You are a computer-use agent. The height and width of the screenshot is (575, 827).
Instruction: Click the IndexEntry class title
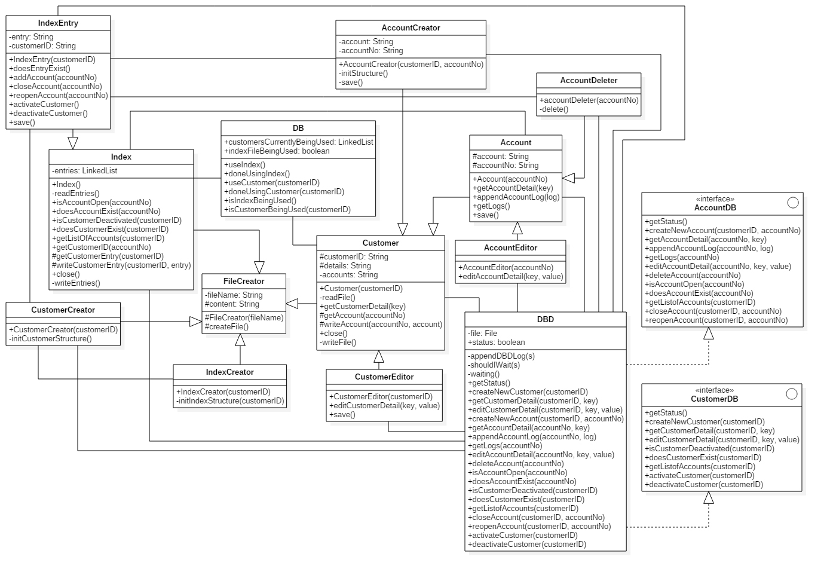pyautogui.click(x=58, y=23)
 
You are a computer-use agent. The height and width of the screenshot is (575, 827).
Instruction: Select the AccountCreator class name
pyautogui.click(x=411, y=28)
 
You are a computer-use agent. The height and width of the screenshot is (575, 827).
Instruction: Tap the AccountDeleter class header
pyautogui.click(x=589, y=81)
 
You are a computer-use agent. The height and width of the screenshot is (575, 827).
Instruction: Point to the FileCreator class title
pyautogui.click(x=244, y=282)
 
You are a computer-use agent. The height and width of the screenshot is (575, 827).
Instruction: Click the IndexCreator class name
pyautogui.click(x=229, y=372)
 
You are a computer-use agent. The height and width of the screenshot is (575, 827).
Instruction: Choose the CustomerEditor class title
pyautogui.click(x=384, y=377)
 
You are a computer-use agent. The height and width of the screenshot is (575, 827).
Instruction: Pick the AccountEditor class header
pyautogui.click(x=510, y=248)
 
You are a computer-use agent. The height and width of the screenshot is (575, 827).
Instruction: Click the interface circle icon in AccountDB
pyautogui.click(x=793, y=203)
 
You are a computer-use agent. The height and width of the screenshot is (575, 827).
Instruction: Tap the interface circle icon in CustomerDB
pyautogui.click(x=792, y=394)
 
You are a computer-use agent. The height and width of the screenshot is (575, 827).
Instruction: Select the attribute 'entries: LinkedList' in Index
pyautogui.click(x=85, y=171)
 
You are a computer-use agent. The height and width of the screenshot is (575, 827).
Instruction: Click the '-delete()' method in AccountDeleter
pyautogui.click(x=554, y=109)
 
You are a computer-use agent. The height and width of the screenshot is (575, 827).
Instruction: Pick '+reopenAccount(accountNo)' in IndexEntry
pyautogui.click(x=59, y=96)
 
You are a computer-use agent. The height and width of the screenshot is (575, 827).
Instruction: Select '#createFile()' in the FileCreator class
pyautogui.click(x=227, y=327)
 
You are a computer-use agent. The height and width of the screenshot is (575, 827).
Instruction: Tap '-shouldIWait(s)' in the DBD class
pyautogui.click(x=494, y=365)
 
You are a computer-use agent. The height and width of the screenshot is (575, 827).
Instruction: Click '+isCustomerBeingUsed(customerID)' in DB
pyautogui.click(x=287, y=210)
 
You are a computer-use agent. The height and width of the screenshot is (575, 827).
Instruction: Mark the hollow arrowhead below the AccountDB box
pyautogui.click(x=709, y=334)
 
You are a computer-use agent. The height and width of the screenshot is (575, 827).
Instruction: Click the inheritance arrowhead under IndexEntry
pyautogui.click(x=73, y=142)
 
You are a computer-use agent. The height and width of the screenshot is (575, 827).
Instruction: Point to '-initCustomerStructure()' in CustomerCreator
pyautogui.click(x=51, y=339)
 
